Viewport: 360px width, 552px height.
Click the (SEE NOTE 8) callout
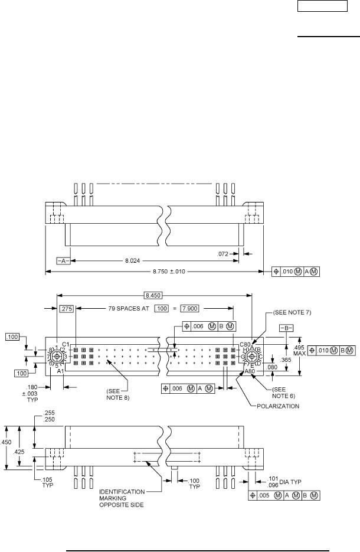click(x=118, y=394)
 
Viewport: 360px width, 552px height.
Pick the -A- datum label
click(x=64, y=260)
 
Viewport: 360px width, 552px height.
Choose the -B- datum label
click(x=286, y=328)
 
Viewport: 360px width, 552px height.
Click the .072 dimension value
click(x=224, y=253)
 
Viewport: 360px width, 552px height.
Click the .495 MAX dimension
click(x=300, y=351)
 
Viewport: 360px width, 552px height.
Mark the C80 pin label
click(x=245, y=344)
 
